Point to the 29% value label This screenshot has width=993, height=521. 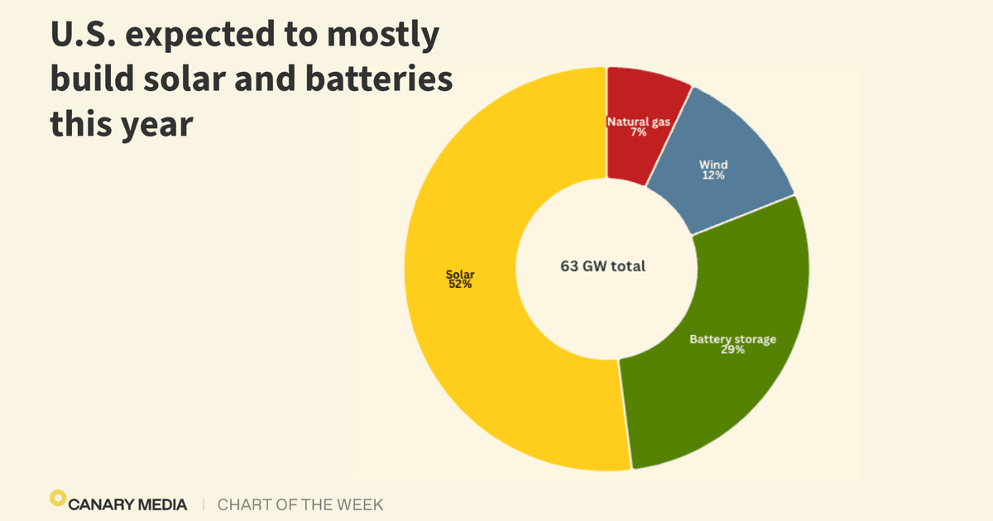pos(732,350)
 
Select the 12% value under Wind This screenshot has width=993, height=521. pos(712,176)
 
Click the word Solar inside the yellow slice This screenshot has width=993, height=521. pos(460,275)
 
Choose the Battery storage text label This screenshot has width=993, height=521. pos(732,339)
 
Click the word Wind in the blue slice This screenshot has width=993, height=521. pos(712,165)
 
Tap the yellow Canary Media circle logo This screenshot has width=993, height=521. pos(57,498)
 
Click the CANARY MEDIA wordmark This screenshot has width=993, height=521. pos(128,504)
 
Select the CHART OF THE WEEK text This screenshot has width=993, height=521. pos(300,504)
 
